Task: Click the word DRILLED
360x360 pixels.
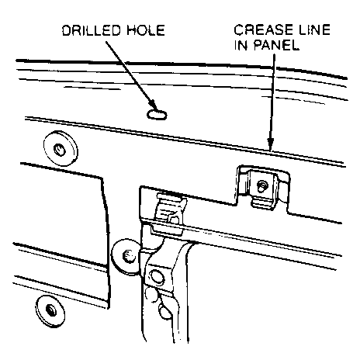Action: (92, 30)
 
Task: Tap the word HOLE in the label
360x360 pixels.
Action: (146, 30)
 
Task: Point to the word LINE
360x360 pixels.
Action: (314, 29)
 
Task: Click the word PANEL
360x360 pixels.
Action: (276, 45)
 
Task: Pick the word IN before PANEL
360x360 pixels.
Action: (241, 45)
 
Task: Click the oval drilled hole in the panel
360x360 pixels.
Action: (157, 114)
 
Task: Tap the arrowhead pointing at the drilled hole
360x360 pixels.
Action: (153, 106)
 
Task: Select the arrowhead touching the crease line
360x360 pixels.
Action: (271, 144)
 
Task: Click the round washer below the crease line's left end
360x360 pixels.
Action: (61, 149)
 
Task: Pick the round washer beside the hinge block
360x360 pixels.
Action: (126, 256)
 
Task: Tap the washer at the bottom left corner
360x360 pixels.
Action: (50, 311)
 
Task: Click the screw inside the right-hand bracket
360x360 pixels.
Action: (262, 185)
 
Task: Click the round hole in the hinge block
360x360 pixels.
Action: (157, 277)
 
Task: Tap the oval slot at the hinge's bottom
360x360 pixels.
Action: (164, 312)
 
